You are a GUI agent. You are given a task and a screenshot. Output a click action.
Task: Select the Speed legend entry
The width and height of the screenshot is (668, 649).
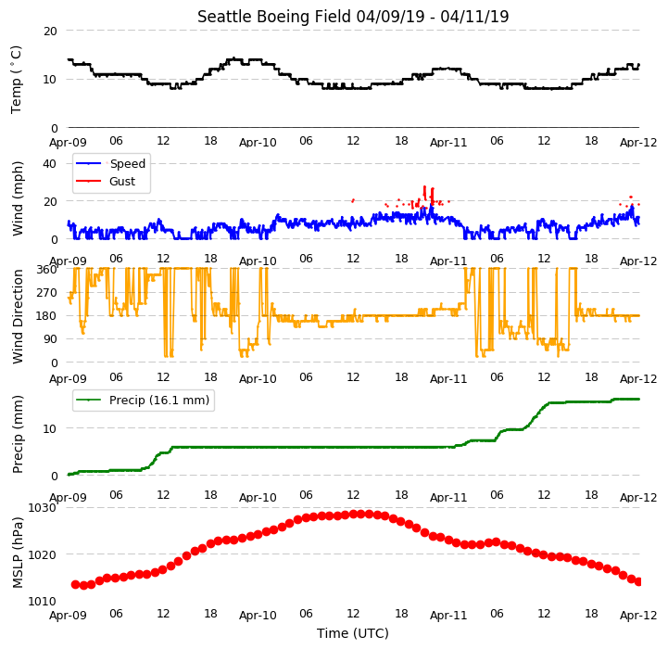[x=111, y=163]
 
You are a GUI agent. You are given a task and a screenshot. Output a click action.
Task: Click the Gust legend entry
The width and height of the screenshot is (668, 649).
[x=106, y=181]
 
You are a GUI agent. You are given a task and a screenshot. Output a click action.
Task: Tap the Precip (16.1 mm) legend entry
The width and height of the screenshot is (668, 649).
[x=143, y=400]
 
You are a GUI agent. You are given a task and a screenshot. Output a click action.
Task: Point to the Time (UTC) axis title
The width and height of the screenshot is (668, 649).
[x=353, y=633]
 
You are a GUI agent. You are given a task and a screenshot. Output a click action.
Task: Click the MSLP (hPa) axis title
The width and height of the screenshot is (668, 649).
[x=18, y=554]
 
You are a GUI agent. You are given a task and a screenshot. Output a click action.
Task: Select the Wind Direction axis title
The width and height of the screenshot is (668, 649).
[x=18, y=316]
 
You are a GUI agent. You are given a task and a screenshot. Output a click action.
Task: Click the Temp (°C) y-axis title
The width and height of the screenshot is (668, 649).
[x=16, y=80]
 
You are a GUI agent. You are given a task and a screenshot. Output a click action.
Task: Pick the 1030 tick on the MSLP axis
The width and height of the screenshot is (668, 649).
[x=43, y=507]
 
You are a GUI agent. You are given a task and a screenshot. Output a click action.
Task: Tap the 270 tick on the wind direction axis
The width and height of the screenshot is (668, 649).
[x=47, y=293]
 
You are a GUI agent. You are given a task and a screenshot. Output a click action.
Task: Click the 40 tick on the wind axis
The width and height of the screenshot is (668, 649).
[x=49, y=164]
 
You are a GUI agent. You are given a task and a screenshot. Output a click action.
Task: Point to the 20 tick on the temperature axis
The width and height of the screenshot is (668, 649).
[x=50, y=32]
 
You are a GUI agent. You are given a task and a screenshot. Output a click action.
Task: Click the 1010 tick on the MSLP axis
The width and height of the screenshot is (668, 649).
[x=43, y=601]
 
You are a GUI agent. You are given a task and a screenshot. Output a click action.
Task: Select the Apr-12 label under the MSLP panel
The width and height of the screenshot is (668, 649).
[x=638, y=615]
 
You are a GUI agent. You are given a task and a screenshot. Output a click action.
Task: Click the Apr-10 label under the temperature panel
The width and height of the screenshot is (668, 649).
[x=258, y=142]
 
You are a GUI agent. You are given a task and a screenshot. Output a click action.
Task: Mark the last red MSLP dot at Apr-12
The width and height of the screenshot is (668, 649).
[x=638, y=581]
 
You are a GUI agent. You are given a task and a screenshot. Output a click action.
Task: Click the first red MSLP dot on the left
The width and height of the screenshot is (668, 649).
[x=75, y=585]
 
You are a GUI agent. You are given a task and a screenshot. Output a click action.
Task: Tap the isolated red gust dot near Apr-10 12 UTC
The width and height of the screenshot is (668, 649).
[x=353, y=200]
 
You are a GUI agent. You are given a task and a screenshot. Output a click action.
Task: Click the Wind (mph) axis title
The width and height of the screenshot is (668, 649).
[x=18, y=198]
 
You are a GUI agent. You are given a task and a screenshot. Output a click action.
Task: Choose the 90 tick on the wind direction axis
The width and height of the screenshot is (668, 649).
[x=50, y=339]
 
